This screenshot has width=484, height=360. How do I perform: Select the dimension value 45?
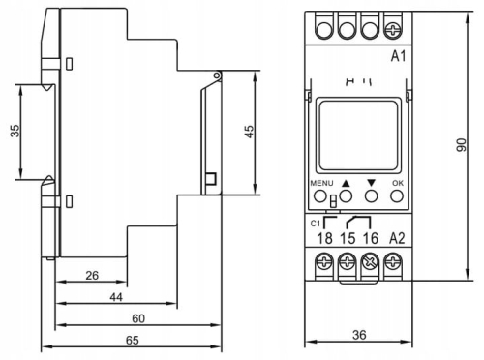point(249,132)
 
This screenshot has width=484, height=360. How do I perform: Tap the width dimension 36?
point(358,335)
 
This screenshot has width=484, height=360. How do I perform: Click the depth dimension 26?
point(92,276)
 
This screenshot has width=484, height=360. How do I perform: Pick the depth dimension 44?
point(115,297)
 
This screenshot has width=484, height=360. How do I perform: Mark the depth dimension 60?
point(138,318)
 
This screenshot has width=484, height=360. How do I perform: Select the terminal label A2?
point(396,237)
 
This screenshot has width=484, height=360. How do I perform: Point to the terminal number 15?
point(346,237)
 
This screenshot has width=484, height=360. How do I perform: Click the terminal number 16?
point(370,237)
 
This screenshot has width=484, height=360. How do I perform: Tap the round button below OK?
point(396,195)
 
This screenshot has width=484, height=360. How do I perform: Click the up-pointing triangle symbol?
point(345,181)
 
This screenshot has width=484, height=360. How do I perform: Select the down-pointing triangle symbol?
point(371,181)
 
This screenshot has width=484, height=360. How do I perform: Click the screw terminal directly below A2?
point(394,260)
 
